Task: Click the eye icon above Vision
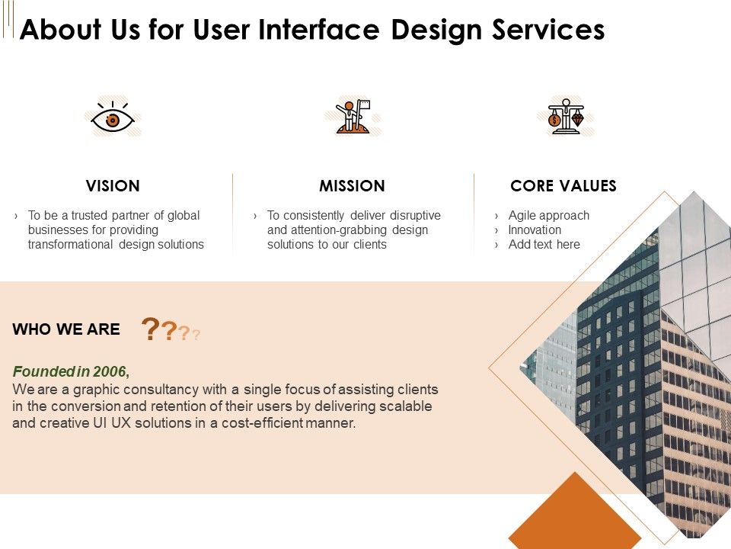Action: pos(113,120)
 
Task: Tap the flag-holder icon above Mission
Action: pos(352,118)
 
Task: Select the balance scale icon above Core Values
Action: pos(565,117)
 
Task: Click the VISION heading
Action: pos(113,186)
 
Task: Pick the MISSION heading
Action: pos(352,186)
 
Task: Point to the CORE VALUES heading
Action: pos(563,186)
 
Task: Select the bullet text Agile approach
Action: pos(548,216)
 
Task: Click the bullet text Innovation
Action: pos(535,230)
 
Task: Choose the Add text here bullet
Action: pos(544,245)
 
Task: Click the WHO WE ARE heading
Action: pos(66,329)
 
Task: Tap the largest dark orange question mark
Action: pos(151,329)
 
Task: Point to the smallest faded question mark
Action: pos(196,334)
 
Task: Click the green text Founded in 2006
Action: pos(71,372)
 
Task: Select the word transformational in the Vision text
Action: pos(72,245)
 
